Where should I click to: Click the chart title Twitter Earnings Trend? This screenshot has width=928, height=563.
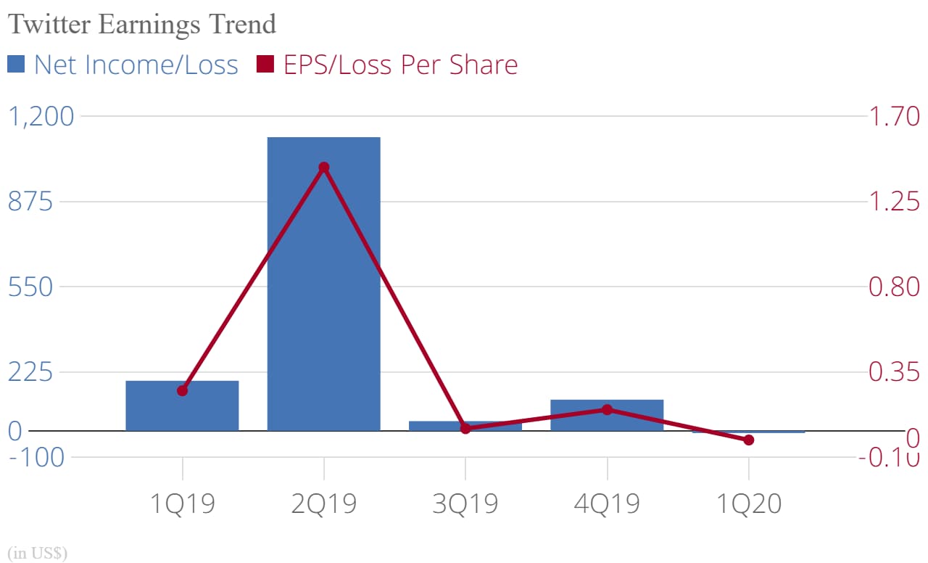click(142, 24)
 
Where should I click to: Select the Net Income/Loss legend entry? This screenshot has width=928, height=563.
click(123, 65)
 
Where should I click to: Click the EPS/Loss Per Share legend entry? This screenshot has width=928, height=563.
click(388, 65)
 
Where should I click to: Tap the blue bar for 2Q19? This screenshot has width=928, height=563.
click(323, 284)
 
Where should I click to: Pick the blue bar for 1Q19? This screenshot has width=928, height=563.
click(182, 406)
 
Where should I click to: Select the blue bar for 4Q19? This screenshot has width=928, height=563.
click(607, 416)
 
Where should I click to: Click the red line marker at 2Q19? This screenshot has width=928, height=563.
click(323, 168)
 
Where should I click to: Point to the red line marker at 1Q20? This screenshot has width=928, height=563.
click(748, 440)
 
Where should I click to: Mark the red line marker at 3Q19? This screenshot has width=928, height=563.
click(465, 428)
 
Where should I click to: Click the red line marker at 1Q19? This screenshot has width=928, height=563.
click(182, 390)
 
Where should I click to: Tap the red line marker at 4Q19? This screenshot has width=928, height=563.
click(607, 409)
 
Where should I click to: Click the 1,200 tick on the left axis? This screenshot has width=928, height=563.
click(41, 116)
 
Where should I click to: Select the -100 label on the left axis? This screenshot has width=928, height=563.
click(36, 458)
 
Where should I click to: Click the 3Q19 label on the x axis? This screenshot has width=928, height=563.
click(465, 503)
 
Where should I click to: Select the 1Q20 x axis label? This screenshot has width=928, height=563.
click(748, 503)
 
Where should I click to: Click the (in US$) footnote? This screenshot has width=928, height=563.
click(37, 553)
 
